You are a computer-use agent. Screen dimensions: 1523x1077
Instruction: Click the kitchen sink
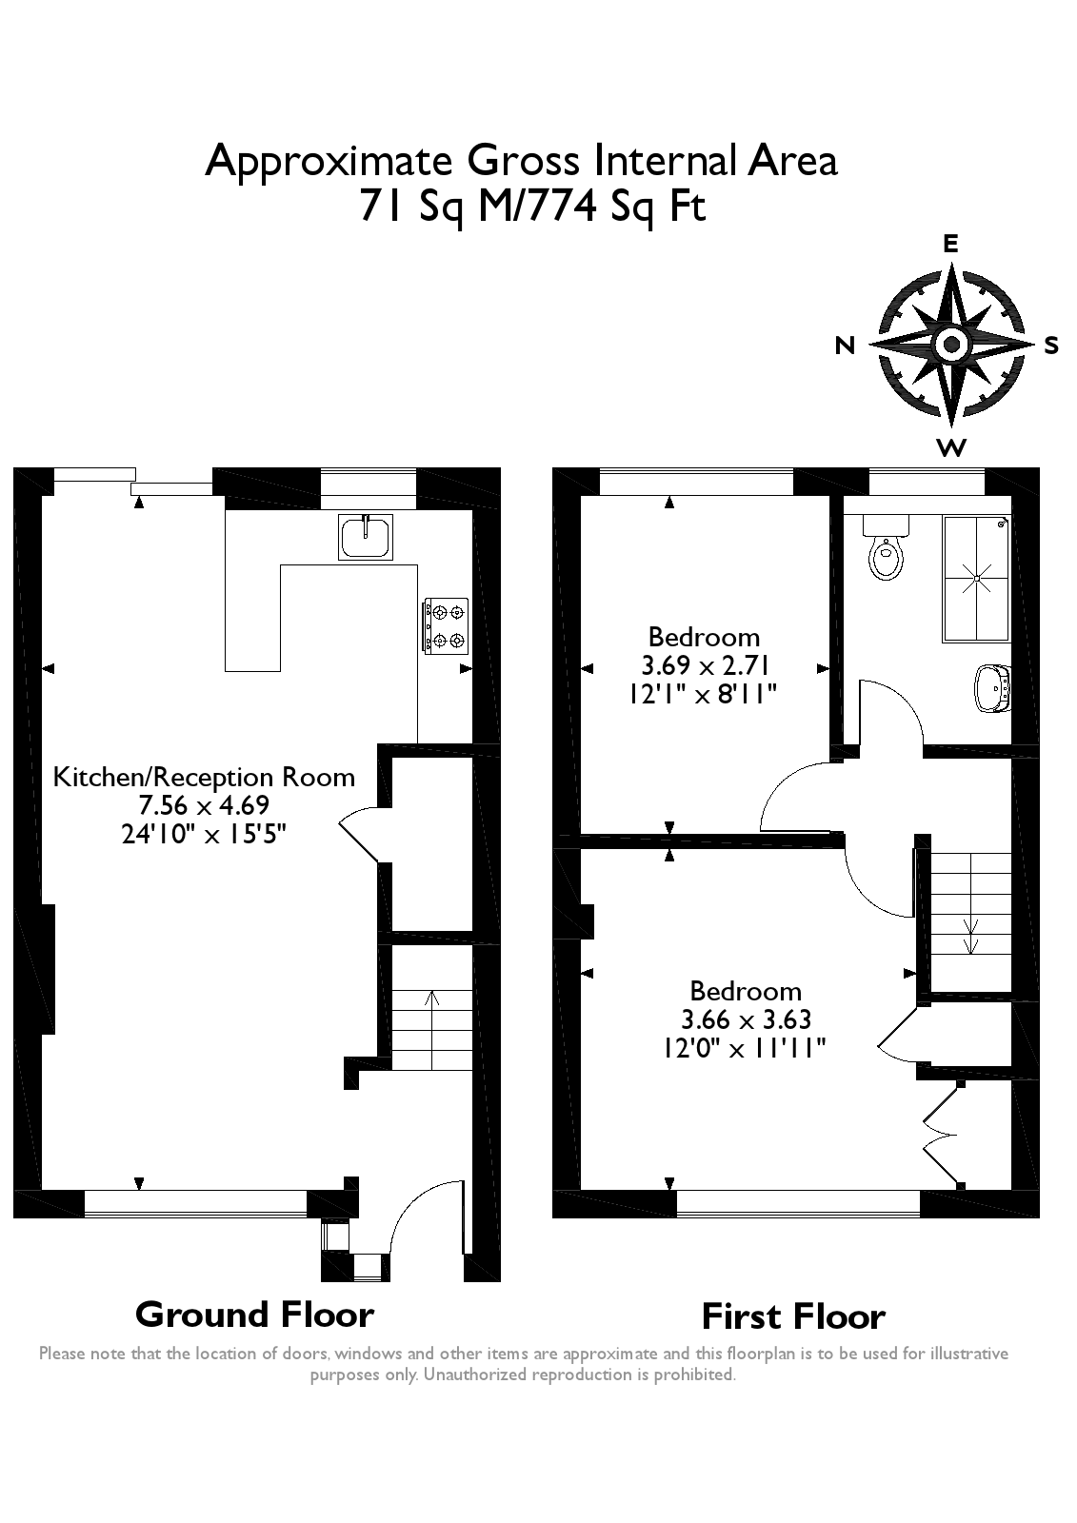366,536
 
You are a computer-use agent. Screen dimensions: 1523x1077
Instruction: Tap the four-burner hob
446,625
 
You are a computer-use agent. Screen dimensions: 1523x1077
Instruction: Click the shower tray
976,578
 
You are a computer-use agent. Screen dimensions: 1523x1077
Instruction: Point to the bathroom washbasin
992,686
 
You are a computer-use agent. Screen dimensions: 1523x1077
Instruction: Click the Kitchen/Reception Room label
204,777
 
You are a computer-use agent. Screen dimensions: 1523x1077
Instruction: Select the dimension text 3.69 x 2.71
704,664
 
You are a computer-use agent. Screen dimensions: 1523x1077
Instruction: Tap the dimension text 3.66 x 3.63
746,1019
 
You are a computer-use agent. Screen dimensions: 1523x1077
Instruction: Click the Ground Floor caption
254,1315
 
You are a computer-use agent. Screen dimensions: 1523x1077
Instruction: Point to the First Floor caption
793,1316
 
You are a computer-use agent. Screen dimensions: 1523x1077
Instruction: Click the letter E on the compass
950,244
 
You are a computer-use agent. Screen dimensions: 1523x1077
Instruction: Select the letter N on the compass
845,346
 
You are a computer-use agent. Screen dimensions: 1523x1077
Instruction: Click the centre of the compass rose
951,344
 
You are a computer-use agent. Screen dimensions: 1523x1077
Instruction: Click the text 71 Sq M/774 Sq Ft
531,207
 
